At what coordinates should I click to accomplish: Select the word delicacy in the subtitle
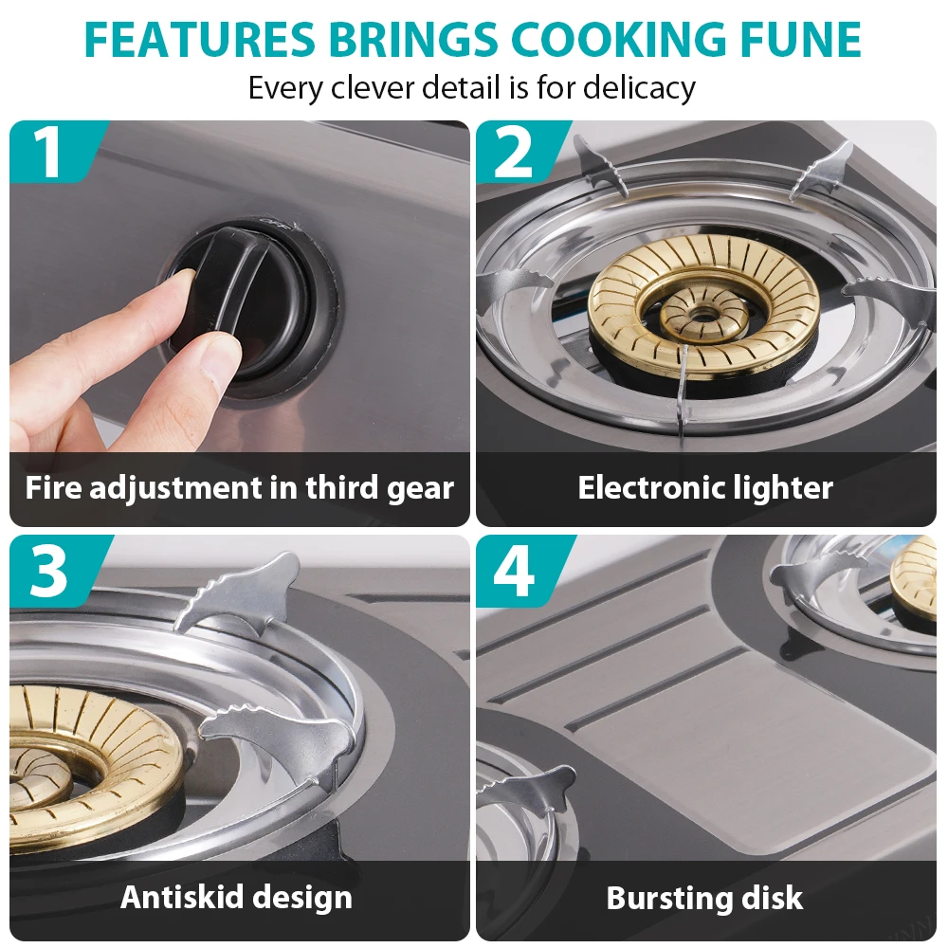[639, 87]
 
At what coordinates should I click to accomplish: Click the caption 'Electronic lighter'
[705, 487]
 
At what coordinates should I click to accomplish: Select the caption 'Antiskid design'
[236, 897]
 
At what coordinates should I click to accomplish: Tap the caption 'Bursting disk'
[705, 898]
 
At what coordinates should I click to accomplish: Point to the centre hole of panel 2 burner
[702, 315]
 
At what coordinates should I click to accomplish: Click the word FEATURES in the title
[200, 39]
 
